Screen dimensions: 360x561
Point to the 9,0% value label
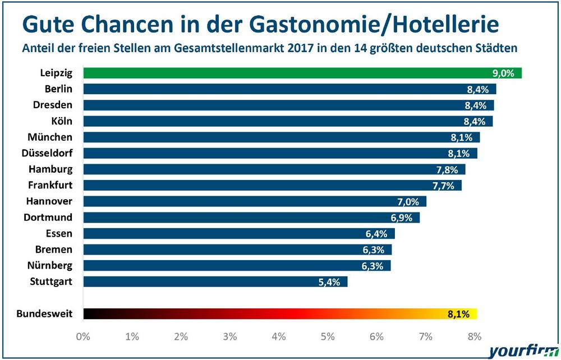pos(503,73)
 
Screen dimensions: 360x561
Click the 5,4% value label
pos(329,282)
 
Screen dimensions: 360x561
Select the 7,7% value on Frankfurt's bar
pos(443,186)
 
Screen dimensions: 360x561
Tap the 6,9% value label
pos(401,218)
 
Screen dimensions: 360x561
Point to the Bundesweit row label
pos(45,313)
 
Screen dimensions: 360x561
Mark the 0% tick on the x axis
pos(83,336)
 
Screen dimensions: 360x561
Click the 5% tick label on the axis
pos(328,336)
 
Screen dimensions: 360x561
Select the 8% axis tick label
pos(475,336)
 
